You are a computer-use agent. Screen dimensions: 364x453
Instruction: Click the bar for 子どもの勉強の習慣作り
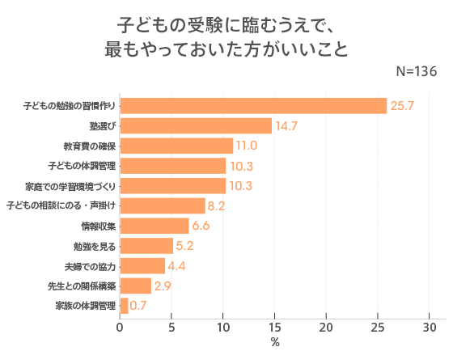point(253,106)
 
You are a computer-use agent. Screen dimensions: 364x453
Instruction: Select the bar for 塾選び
point(196,125)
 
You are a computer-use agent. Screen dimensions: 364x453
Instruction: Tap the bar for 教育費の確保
point(176,146)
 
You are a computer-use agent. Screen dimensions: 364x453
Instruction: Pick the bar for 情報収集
point(154,226)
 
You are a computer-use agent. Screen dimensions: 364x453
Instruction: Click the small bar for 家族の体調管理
point(124,306)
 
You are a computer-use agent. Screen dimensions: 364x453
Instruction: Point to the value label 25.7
point(402,106)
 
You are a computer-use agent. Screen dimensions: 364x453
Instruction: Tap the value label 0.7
point(138,306)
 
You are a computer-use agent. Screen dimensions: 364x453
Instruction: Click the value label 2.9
point(161,286)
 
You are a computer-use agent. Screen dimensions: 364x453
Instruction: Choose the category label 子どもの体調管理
point(81,166)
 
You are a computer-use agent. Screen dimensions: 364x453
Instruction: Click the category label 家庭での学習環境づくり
point(70,186)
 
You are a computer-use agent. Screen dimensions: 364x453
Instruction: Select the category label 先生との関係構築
point(81,286)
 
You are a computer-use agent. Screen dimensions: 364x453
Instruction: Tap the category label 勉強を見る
point(94,246)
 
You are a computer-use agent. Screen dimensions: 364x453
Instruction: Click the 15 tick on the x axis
point(274,328)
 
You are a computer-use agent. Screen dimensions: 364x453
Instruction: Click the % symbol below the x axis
point(275,343)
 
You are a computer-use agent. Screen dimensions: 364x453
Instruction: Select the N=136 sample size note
point(417,71)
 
